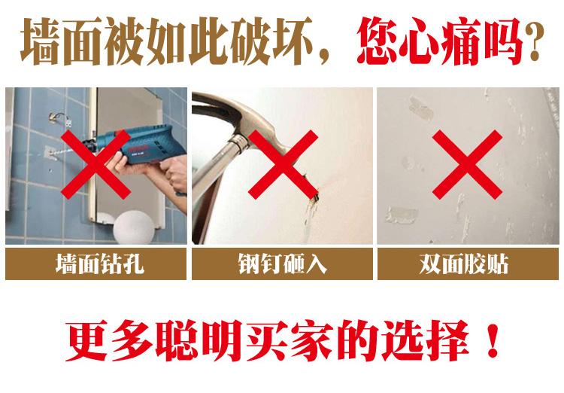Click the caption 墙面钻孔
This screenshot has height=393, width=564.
tap(99, 264)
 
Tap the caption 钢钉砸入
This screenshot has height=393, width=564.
tap(282, 264)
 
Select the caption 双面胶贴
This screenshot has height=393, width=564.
tap(464, 264)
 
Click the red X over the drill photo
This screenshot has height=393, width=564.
tap(96, 165)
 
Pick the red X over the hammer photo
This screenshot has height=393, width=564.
tap(283, 165)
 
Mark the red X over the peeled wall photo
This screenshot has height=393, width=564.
tap(467, 165)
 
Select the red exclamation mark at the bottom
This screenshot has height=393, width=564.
tap(492, 340)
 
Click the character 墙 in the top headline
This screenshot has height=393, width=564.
tap(41, 42)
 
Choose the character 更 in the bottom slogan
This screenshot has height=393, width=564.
tap(88, 340)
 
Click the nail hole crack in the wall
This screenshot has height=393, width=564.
tap(312, 202)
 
